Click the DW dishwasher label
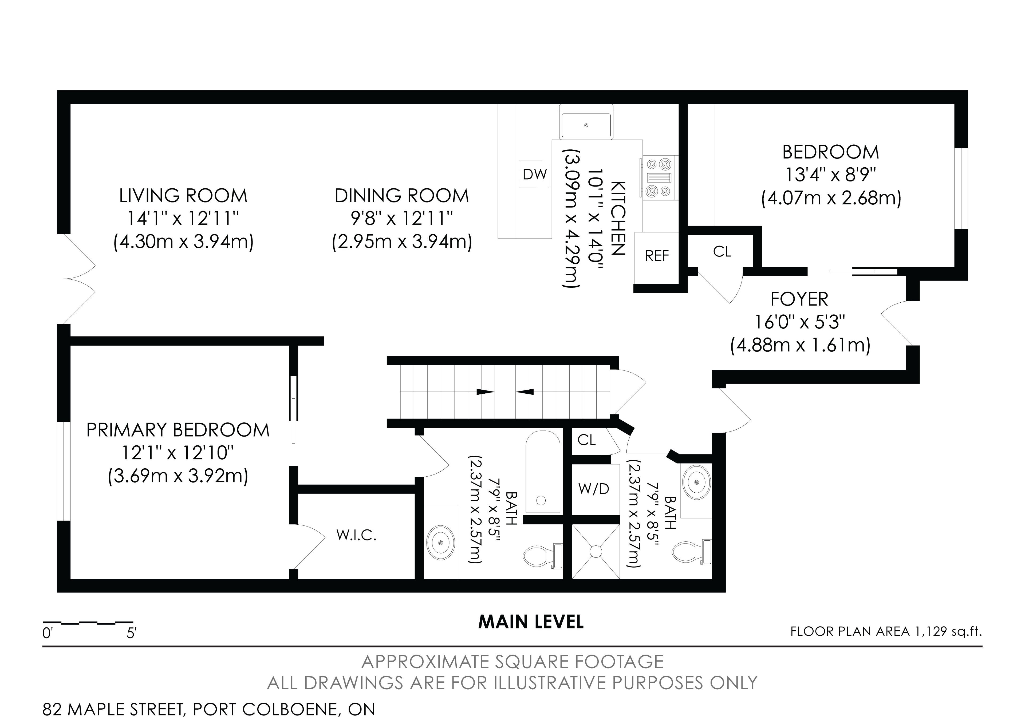[x=535, y=174]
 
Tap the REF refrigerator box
[x=657, y=258]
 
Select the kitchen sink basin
[x=586, y=125]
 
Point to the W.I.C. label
[x=356, y=535]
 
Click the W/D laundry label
[x=594, y=489]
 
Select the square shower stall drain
[x=596, y=551]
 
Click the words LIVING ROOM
[x=183, y=196]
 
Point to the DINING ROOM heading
[x=402, y=196]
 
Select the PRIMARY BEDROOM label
[x=178, y=430]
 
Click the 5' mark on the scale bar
[x=132, y=633]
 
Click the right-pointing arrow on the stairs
[x=485, y=392]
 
